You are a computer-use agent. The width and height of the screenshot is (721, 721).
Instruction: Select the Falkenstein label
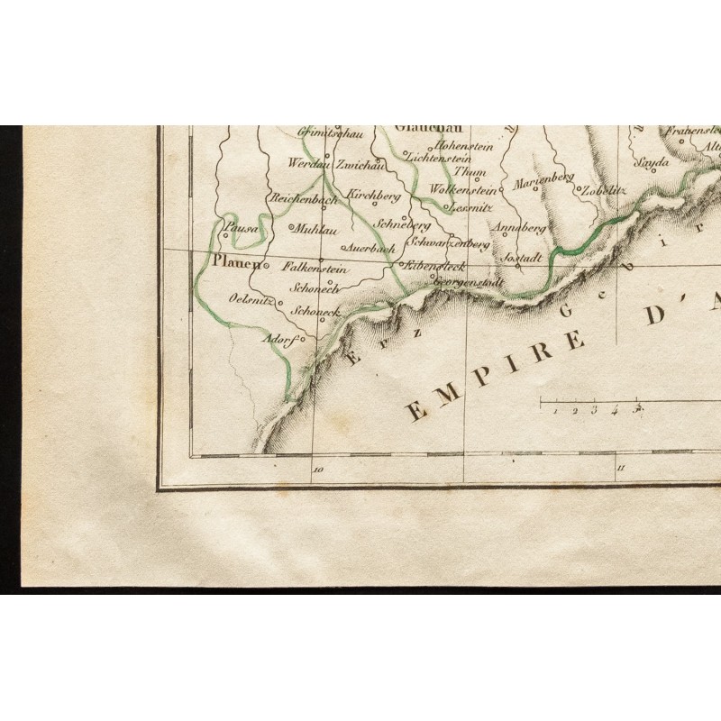pos(315,267)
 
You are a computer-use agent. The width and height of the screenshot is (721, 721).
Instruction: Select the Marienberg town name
pos(543,181)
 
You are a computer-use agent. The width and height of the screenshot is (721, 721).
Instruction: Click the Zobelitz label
pos(603,190)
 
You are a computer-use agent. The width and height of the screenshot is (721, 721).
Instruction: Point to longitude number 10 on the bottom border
pos(317,470)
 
